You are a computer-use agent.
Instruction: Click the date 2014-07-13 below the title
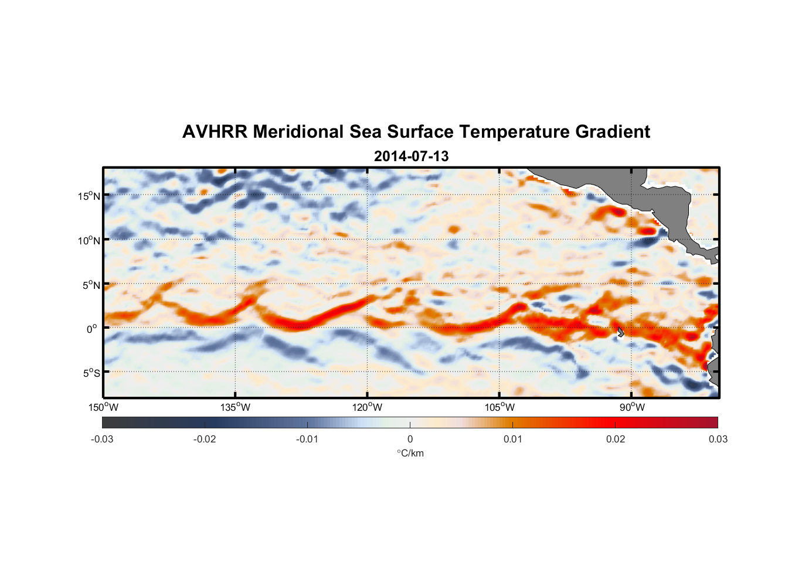point(411,156)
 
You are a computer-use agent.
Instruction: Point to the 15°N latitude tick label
point(89,196)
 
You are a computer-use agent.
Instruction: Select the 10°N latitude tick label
point(89,240)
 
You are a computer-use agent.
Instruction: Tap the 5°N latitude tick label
point(91,285)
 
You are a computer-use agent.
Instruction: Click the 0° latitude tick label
point(92,329)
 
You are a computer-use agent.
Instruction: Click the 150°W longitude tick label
point(104,407)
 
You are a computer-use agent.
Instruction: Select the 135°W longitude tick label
point(236,407)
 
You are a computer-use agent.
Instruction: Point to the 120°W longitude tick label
point(368,407)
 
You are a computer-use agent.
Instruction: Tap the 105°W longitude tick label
point(500,407)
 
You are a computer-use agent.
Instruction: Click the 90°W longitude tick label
point(632,407)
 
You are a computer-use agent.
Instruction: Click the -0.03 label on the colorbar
point(102,439)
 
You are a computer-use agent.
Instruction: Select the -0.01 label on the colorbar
point(307,439)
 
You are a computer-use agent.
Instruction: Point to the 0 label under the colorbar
point(410,439)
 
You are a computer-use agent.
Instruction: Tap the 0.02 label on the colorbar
point(616,439)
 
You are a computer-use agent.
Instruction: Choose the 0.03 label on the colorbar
point(718,439)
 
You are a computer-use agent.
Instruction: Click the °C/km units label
point(410,453)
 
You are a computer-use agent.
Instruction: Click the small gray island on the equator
point(620,332)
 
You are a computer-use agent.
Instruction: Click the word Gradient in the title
point(613,132)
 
